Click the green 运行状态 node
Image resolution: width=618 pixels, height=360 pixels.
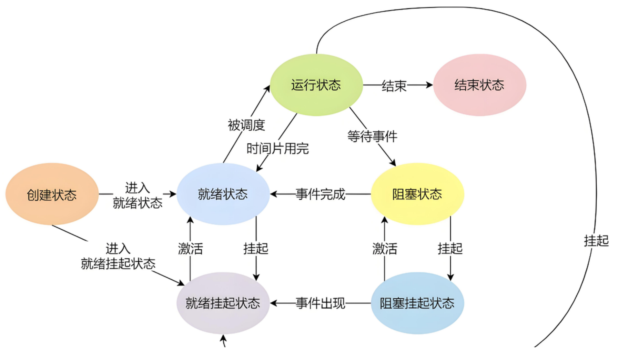pyautogui.click(x=316, y=85)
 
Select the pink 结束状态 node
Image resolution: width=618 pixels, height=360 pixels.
pyautogui.click(x=479, y=85)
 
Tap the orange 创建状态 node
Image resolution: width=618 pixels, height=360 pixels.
pyautogui.click(x=52, y=194)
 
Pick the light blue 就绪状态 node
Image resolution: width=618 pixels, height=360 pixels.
pyautogui.click(x=223, y=194)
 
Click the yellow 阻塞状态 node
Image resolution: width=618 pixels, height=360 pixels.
pyautogui.click(x=417, y=194)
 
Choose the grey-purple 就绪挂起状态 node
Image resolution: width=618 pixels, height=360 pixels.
pyautogui.click(x=223, y=303)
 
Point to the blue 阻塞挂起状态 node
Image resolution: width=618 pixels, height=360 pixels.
pyautogui.click(x=417, y=303)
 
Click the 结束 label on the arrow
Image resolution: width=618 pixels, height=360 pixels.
pyautogui.click(x=394, y=86)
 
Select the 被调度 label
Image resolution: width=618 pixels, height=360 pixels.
pyautogui.click(x=246, y=125)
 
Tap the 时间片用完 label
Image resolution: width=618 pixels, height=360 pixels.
pyautogui.click(x=277, y=149)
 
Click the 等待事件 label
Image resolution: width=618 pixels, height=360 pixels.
pyautogui.click(x=372, y=137)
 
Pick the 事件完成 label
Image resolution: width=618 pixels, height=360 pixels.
pyautogui.click(x=320, y=194)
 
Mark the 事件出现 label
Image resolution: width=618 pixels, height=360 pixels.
pyautogui.click(x=320, y=303)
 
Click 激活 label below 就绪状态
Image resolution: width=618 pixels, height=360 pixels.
pyautogui.click(x=190, y=248)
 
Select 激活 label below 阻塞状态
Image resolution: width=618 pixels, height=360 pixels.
pyautogui.click(x=385, y=248)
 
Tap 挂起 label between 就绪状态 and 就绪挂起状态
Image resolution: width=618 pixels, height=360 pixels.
pyautogui.click(x=256, y=248)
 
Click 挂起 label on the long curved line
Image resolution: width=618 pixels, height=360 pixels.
pyautogui.click(x=596, y=241)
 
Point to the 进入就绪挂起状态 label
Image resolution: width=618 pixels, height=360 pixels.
pyautogui.click(x=118, y=256)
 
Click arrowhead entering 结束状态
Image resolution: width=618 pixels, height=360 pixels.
pyautogui.click(x=429, y=85)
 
